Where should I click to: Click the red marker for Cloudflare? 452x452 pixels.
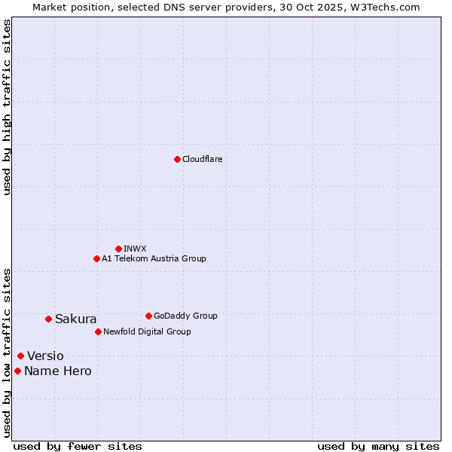tap(177, 159)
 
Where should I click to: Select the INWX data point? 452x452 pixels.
tap(118, 249)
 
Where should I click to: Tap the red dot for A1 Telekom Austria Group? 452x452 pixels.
tap(96, 258)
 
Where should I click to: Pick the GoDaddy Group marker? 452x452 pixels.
tap(148, 316)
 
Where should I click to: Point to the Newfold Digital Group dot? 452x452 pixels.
tap(98, 331)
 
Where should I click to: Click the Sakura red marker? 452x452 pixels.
tap(48, 319)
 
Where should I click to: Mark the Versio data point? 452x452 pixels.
tap(20, 356)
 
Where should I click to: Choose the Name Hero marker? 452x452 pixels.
tap(17, 371)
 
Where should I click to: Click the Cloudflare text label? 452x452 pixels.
tap(202, 159)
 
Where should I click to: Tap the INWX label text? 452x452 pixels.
tap(135, 249)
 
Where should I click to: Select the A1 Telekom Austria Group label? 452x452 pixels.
tap(154, 258)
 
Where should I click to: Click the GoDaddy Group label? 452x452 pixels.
tap(185, 316)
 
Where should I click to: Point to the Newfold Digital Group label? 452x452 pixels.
tap(147, 331)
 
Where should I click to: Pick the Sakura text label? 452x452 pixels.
tap(75, 319)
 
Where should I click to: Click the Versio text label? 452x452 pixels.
tap(45, 356)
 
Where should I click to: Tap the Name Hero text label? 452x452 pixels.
tap(57, 371)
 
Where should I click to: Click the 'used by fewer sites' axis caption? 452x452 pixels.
tap(78, 446)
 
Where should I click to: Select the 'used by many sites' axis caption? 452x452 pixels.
tap(378, 446)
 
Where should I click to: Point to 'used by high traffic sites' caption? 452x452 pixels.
tap(7, 107)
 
